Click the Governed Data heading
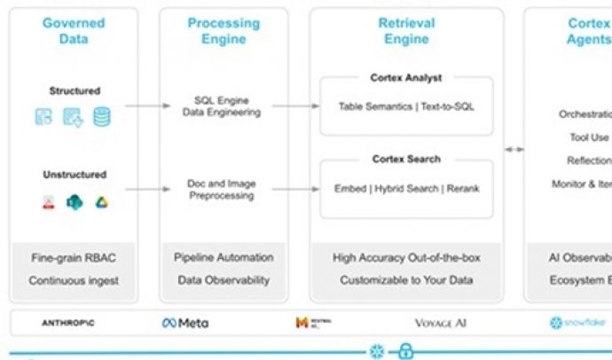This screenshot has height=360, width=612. click(74, 31)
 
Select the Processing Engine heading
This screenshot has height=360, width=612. click(224, 31)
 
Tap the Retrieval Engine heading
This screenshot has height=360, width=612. click(406, 31)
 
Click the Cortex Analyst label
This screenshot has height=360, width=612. click(406, 78)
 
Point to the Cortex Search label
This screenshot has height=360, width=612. click(406, 159)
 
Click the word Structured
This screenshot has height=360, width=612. click(75, 90)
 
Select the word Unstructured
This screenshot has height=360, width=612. click(75, 175)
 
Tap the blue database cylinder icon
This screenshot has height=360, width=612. click(102, 116)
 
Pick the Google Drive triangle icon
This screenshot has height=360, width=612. click(102, 202)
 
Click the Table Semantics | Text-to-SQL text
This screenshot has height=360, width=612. click(406, 106)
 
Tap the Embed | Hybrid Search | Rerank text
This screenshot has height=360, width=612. click(406, 189)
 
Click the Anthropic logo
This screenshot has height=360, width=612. click(67, 323)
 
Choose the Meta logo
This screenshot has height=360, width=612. click(185, 323)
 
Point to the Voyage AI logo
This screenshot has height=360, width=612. click(440, 323)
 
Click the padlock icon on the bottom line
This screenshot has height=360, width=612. click(406, 350)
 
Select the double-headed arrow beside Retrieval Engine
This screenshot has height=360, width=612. click(514, 149)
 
